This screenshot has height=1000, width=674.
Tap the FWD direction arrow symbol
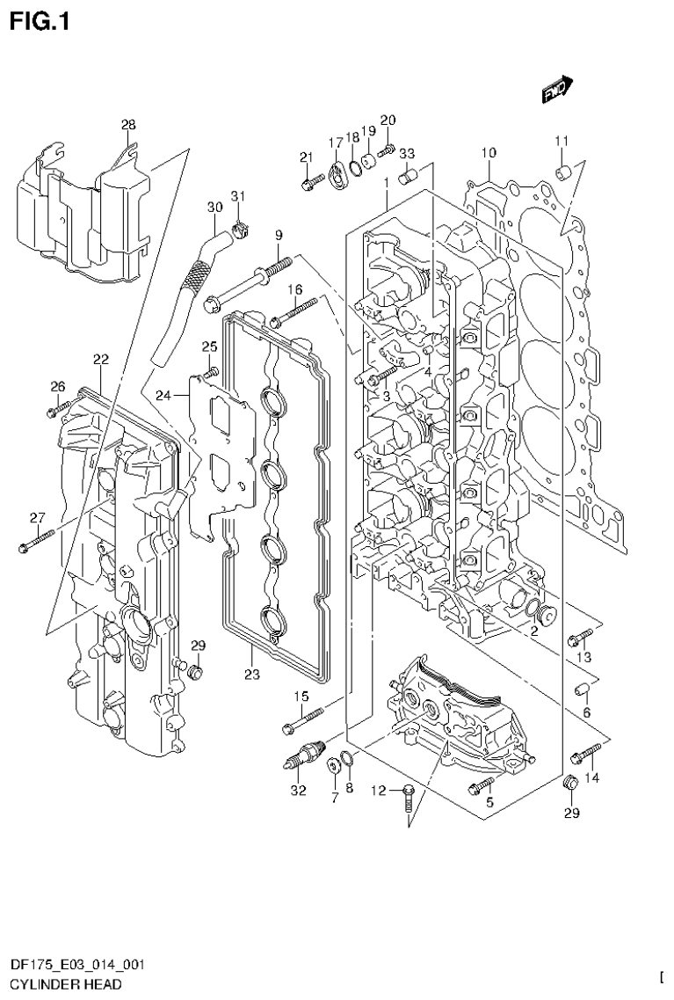(x=556, y=91)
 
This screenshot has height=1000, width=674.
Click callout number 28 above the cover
(x=128, y=125)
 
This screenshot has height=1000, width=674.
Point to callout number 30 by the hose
(x=214, y=208)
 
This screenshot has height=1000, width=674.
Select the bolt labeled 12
(x=409, y=798)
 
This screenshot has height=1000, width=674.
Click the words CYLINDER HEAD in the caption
(x=60, y=984)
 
